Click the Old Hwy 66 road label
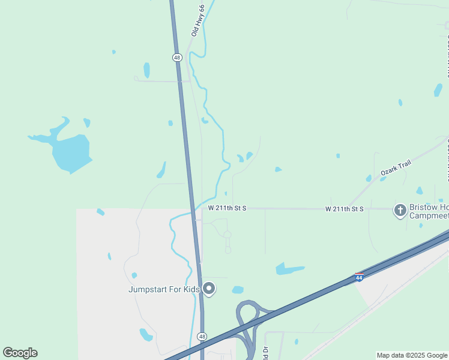(x=199, y=20)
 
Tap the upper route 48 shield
(x=176, y=58)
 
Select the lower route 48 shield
(x=202, y=337)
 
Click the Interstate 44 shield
(x=359, y=277)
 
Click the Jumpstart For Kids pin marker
(x=209, y=289)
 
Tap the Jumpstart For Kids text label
(x=164, y=289)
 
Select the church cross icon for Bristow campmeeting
(x=400, y=210)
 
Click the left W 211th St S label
(x=228, y=208)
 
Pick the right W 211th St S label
(x=345, y=209)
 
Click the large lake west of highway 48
(x=71, y=152)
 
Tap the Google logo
(x=20, y=353)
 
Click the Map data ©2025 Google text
(x=412, y=355)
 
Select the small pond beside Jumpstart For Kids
(x=238, y=290)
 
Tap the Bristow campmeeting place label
(x=429, y=211)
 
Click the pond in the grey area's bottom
(x=146, y=334)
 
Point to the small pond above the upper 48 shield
(x=147, y=70)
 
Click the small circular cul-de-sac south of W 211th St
(x=228, y=235)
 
